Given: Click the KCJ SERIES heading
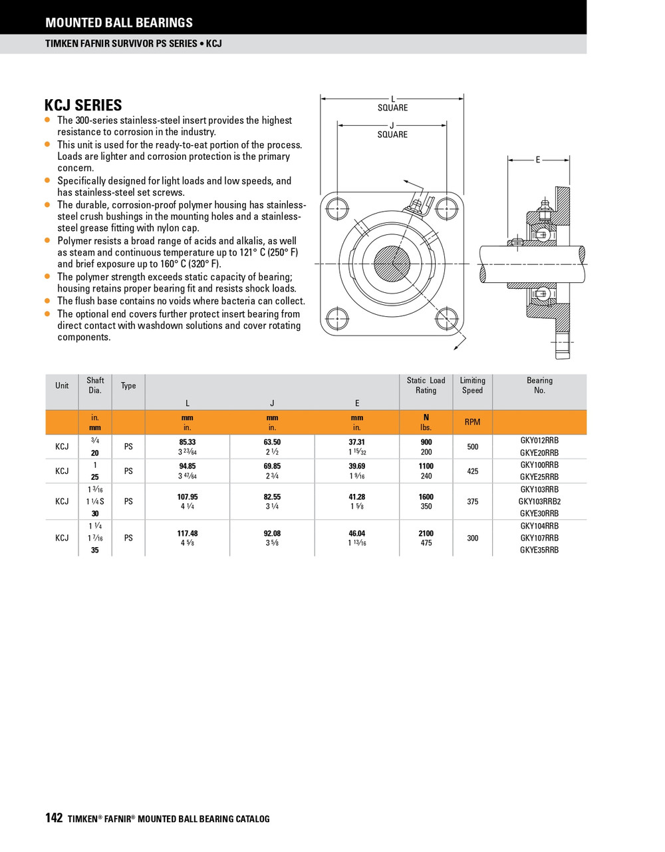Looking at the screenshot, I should click(x=83, y=105).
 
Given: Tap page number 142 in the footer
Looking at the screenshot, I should click(x=54, y=818).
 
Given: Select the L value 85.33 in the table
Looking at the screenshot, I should click(x=188, y=442).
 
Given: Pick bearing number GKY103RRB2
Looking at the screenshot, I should click(x=539, y=501).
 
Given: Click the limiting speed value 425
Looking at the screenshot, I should click(x=472, y=471).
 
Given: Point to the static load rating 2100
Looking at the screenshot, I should click(x=426, y=533).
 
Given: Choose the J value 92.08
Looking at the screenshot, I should click(x=272, y=533).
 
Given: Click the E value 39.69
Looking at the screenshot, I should click(x=356, y=466).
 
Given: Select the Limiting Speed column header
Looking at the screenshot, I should click(x=472, y=385).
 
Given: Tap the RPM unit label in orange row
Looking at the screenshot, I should click(x=472, y=422).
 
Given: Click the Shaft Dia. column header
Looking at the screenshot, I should click(x=95, y=385).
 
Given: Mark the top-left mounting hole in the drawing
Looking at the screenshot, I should click(x=338, y=208).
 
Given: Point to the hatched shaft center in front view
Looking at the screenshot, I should click(x=392, y=263).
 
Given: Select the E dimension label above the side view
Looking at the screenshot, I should click(x=538, y=160).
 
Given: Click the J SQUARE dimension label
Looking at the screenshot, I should click(x=392, y=130).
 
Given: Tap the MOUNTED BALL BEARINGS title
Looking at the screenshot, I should click(x=119, y=23).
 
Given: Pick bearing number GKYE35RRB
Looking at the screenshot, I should click(x=539, y=550).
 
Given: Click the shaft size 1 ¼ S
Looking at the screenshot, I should click(x=95, y=501).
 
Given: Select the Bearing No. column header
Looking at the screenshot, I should click(x=539, y=385).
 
